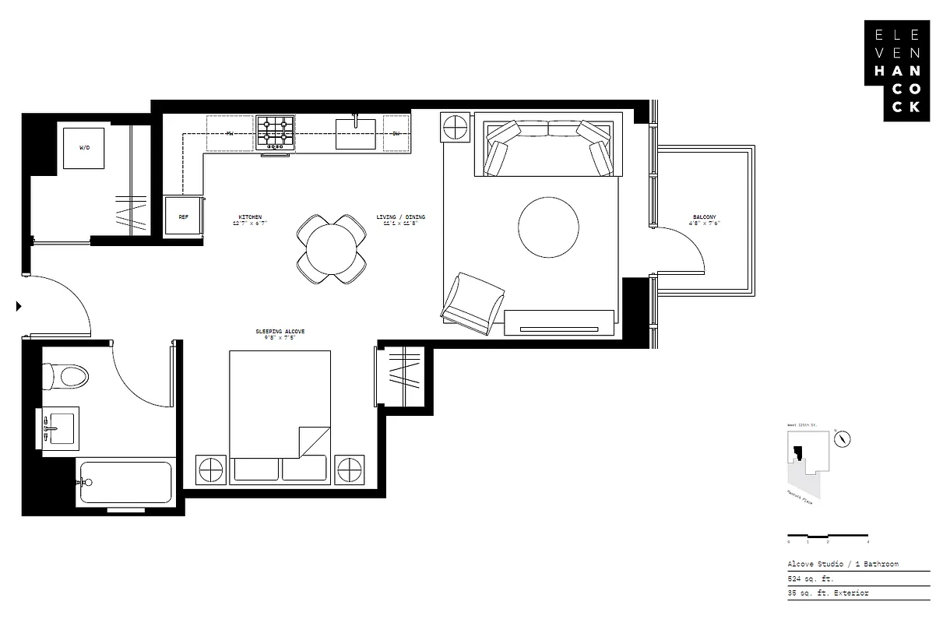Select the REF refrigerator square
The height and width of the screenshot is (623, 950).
coord(184,216)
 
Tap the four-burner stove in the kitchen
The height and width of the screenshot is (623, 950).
coord(276,132)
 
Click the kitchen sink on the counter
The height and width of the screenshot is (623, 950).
coord(356,133)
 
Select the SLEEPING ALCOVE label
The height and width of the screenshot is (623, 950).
coord(280,334)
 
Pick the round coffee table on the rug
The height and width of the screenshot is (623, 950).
coord(548,227)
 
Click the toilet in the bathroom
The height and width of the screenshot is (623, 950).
coord(65,376)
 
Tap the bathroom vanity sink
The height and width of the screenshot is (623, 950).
coord(59,428)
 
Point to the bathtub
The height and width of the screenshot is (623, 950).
coord(125,483)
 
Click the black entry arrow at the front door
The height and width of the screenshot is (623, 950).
coord(18,307)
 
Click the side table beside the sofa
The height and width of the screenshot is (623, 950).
coord(455,127)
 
